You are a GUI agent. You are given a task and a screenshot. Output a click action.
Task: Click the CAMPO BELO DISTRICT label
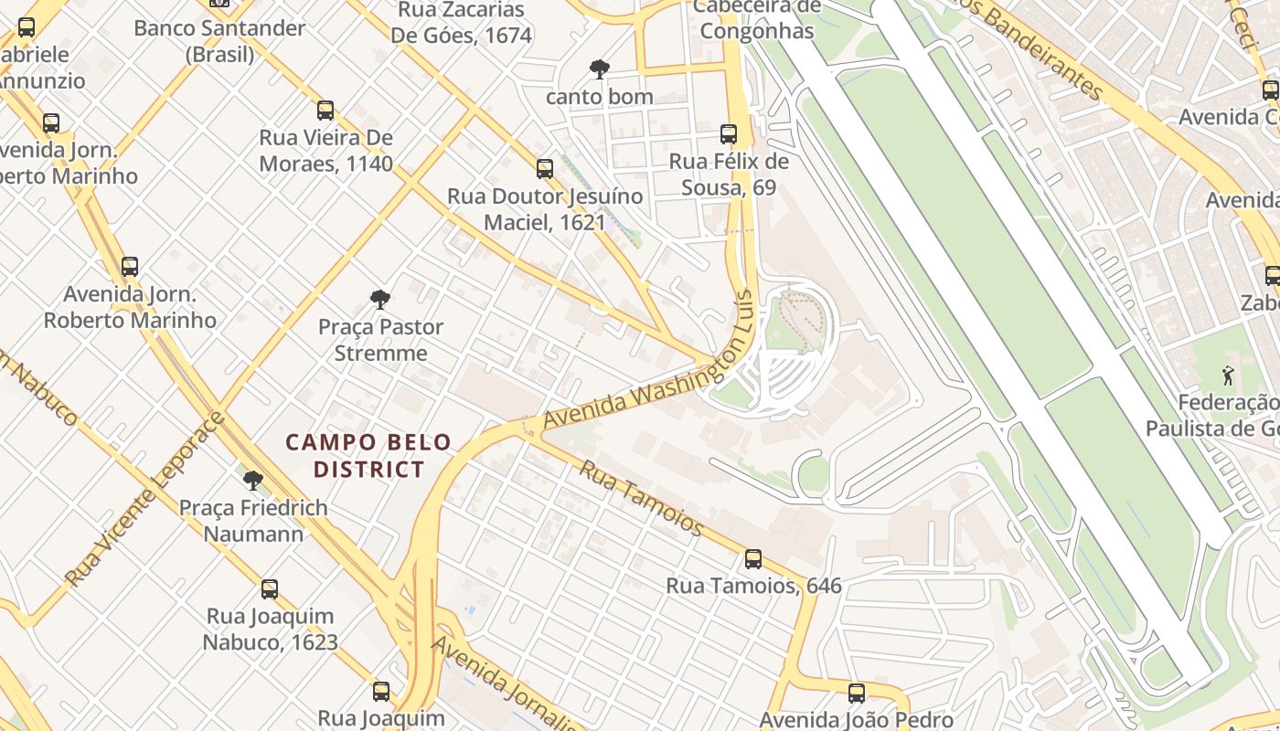coord(368,456)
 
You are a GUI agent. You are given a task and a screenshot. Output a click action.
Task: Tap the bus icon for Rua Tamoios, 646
coord(752,558)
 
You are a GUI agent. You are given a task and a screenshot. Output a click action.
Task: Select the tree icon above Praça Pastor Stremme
coord(380,299)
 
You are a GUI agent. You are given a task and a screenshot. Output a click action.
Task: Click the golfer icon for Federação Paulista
coord(1227,375)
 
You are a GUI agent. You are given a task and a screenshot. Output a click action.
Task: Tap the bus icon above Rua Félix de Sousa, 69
coord(729,134)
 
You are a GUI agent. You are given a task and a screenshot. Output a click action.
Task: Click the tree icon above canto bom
coord(599,69)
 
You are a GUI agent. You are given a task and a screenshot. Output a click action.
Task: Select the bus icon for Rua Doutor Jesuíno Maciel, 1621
coord(545,169)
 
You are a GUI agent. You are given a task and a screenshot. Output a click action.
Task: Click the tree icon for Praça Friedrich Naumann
coord(253,480)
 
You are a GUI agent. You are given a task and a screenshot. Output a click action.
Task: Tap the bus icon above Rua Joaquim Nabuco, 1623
coord(270,589)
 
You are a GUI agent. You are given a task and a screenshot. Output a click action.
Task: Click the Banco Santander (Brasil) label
coord(219,41)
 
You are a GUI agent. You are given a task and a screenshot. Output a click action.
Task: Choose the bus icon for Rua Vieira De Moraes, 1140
coord(325,111)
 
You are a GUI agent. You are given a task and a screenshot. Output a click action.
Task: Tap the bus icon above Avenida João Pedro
coord(856,694)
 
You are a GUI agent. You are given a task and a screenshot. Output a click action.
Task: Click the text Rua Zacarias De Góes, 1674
coord(461,23)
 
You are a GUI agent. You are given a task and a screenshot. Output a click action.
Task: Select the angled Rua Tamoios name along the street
coord(643,498)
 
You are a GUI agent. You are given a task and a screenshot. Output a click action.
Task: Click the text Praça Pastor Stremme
coord(380,340)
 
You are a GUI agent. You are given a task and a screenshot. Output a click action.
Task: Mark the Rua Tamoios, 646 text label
coord(753,586)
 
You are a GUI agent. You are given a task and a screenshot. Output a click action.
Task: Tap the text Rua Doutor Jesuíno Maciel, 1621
coord(545,209)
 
